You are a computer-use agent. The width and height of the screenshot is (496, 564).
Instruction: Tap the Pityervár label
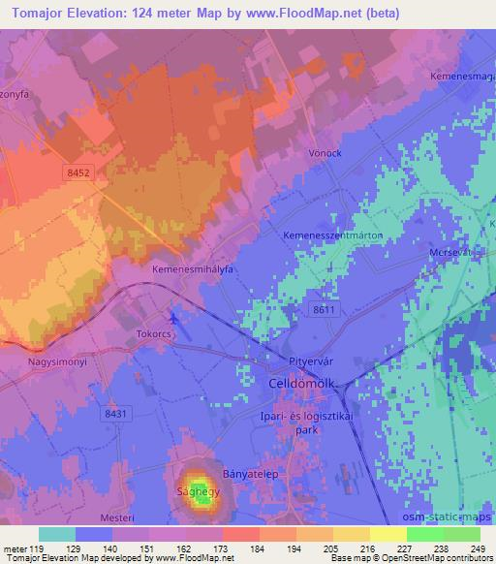point(311,361)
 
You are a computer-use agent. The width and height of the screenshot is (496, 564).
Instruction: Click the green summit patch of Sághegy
point(198,492)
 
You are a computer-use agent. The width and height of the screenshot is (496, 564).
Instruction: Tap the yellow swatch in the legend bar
point(388,534)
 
